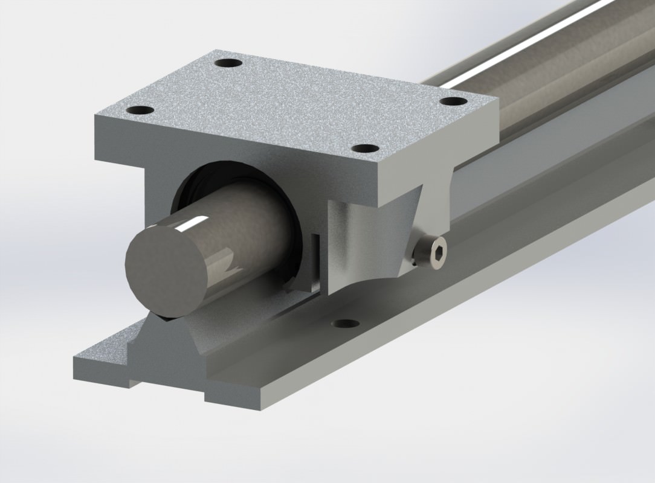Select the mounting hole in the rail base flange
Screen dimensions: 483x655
pos(346,324)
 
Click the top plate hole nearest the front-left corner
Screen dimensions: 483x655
pos(140,110)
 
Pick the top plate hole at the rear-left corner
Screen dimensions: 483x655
pos(228,63)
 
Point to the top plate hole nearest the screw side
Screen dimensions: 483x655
pos(364,148)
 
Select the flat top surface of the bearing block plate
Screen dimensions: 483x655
pos(296,103)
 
